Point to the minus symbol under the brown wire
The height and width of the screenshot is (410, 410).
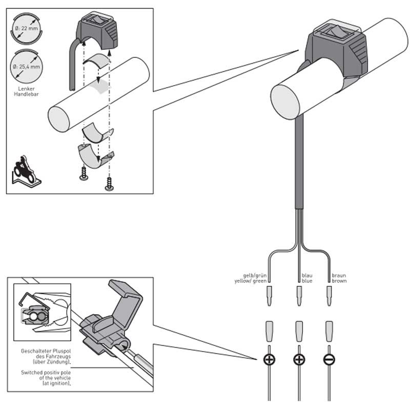tap(329, 360)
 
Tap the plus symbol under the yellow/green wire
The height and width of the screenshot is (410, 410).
tap(269, 360)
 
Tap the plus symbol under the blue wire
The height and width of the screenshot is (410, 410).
tap(299, 360)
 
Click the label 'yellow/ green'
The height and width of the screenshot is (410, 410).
tap(251, 281)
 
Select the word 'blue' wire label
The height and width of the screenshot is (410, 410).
tap(307, 281)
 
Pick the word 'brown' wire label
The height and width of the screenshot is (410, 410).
tap(339, 281)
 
